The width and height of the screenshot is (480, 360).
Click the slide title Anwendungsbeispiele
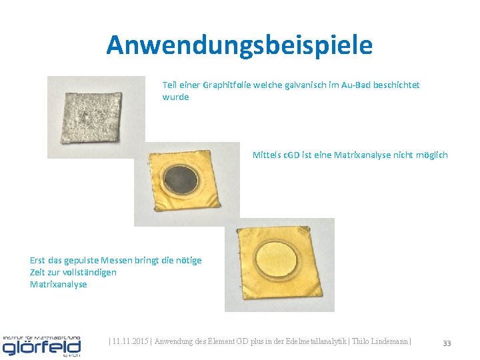pyautogui.click(x=239, y=45)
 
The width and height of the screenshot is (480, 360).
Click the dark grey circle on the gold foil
pyautogui.click(x=181, y=179)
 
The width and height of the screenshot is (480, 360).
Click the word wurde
pyautogui.click(x=175, y=97)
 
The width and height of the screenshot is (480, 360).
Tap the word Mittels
pyautogui.click(x=267, y=155)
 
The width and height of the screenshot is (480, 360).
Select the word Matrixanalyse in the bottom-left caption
pyautogui.click(x=59, y=284)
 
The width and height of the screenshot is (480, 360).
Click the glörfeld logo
pyautogui.click(x=41, y=345)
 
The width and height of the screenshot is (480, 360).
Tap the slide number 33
pyautogui.click(x=447, y=343)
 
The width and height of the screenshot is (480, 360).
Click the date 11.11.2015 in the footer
pyautogui.click(x=131, y=342)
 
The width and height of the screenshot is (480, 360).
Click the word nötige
pyautogui.click(x=188, y=260)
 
